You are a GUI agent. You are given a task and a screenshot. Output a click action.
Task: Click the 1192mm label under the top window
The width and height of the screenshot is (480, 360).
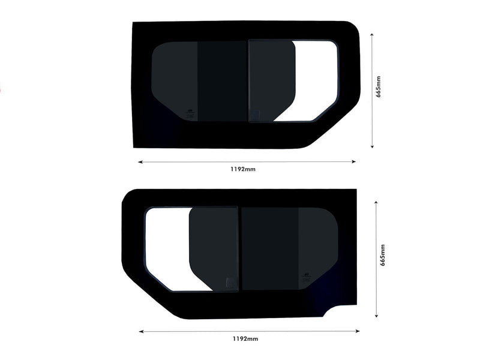click(x=242, y=170)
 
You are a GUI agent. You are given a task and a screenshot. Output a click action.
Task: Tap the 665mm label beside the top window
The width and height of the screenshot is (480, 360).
click(x=378, y=87)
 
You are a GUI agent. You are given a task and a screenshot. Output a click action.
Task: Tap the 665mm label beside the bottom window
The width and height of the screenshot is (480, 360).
click(x=382, y=256)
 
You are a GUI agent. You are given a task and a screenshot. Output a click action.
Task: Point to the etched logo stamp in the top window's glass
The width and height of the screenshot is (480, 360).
click(x=190, y=111)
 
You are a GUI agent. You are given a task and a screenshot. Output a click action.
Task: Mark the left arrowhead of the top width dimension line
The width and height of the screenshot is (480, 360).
click(x=140, y=162)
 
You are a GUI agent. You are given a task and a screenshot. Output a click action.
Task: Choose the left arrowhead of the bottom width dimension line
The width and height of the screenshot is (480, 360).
click(x=141, y=331)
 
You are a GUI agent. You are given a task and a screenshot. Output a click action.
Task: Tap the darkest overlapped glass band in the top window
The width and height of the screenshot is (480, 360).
click(x=222, y=81)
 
